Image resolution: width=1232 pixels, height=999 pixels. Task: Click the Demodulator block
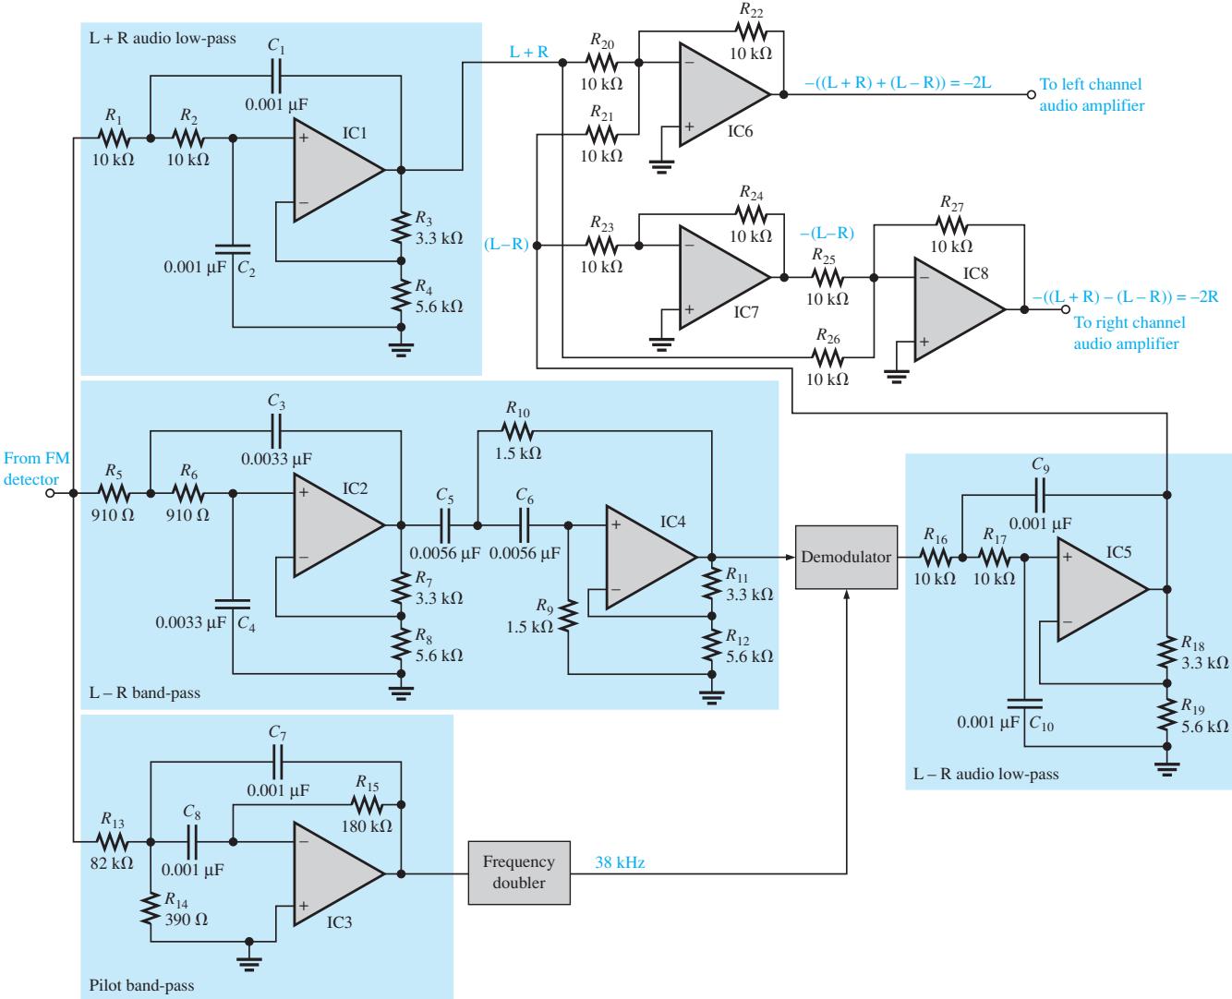click(846, 558)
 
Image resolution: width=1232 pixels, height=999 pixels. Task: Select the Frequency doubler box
click(519, 873)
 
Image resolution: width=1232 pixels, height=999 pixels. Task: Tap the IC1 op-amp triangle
click(339, 170)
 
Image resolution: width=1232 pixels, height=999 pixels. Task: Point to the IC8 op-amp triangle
click(960, 309)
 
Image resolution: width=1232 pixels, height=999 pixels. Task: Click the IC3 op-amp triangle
click(339, 873)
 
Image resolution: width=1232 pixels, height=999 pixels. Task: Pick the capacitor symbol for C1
click(276, 76)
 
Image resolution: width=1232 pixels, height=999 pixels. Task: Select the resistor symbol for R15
click(368, 804)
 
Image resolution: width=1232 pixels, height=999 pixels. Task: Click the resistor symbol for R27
click(951, 224)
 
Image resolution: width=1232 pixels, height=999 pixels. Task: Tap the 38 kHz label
click(620, 862)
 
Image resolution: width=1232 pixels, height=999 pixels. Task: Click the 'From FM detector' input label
click(36, 469)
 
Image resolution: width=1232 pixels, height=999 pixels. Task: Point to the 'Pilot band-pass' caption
click(141, 985)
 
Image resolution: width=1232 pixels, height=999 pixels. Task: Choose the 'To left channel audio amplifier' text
click(1092, 95)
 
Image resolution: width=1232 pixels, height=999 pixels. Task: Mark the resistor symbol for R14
click(151, 909)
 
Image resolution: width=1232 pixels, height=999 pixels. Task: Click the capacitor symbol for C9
click(1039, 495)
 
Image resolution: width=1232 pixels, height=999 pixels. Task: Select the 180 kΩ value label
click(367, 826)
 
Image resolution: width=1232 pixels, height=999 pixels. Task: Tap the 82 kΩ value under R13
click(112, 863)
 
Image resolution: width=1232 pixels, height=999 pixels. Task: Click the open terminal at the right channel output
click(1066, 309)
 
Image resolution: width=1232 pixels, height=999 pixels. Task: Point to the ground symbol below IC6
click(661, 166)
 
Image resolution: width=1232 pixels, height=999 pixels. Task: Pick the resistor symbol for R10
click(517, 430)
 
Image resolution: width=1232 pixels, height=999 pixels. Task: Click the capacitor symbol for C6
click(525, 525)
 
